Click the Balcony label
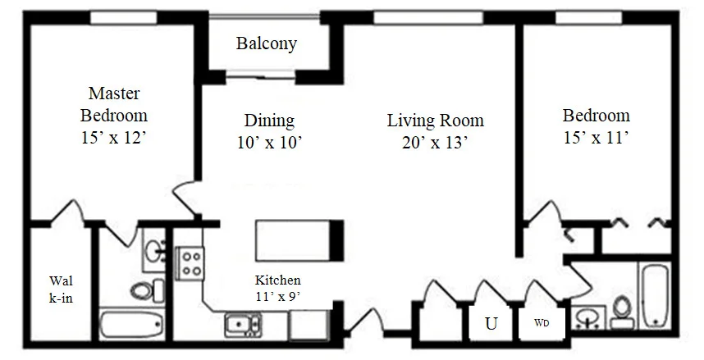click(267, 43)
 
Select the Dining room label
click(269, 121)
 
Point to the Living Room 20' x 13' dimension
click(435, 142)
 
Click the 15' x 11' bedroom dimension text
click(596, 138)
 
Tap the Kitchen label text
click(277, 280)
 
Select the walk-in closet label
click(61, 289)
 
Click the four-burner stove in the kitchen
click(191, 264)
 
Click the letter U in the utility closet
click(491, 323)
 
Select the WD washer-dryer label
click(542, 322)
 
